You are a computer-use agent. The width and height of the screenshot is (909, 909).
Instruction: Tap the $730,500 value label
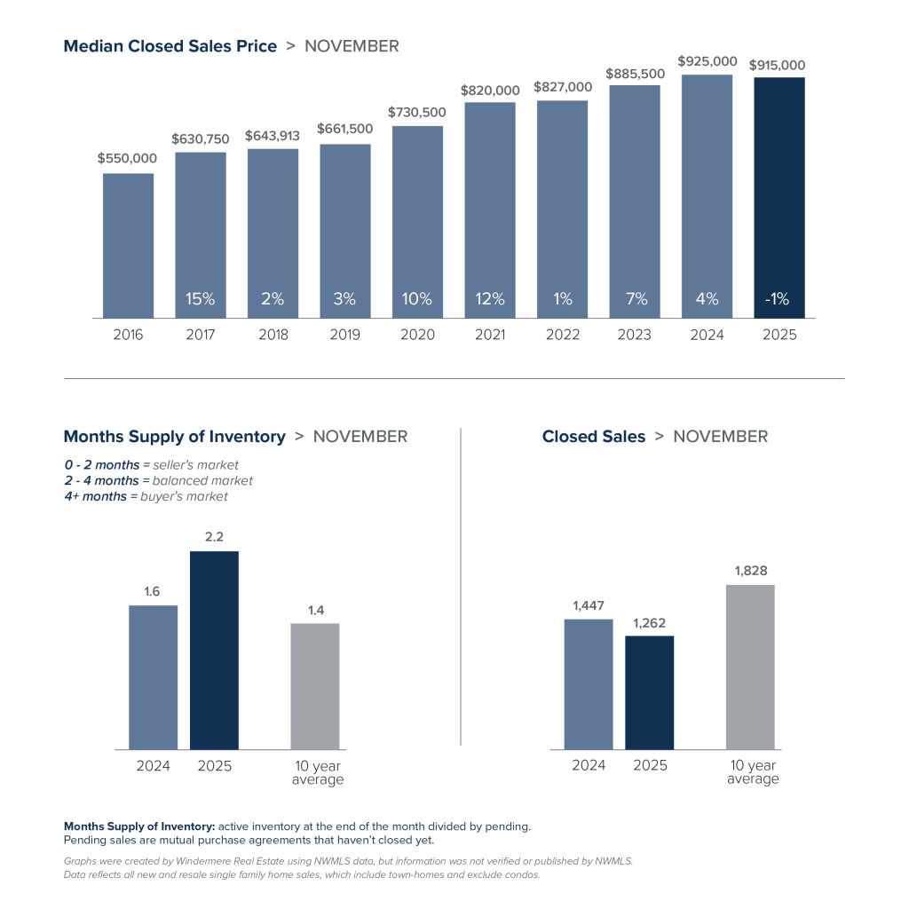point(417,113)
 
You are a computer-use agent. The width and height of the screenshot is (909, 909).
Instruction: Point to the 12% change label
point(490,299)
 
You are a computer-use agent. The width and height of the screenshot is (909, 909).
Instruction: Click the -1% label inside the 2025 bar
point(779,299)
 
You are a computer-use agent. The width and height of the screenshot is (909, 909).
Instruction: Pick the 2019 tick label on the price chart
point(345,335)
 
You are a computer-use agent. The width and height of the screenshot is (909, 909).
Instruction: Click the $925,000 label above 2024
point(707,61)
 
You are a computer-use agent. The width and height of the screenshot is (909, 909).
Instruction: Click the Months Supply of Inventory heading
point(175,437)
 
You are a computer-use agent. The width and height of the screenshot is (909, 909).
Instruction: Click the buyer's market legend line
point(146,496)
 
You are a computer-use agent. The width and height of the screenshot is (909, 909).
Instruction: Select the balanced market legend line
point(158,480)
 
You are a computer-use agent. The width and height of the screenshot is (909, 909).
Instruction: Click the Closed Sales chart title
point(594,437)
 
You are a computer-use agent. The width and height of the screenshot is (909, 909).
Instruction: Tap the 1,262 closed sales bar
point(649,692)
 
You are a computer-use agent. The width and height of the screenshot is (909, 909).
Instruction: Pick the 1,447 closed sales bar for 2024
point(589,684)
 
